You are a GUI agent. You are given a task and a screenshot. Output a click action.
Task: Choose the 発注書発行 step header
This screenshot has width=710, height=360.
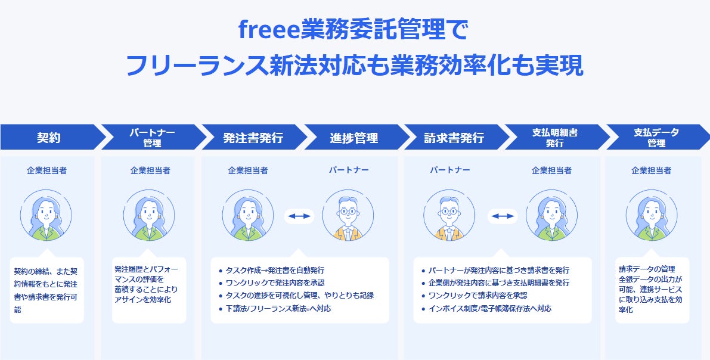point(253,138)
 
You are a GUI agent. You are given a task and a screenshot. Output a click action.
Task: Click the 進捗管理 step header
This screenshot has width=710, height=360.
point(354,138)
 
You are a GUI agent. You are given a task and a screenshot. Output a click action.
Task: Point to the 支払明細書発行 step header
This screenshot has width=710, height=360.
point(555,138)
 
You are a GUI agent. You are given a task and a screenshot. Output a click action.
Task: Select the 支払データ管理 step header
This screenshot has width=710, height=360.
point(656,138)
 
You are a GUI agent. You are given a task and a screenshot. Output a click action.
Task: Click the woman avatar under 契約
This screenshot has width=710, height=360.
point(46,215)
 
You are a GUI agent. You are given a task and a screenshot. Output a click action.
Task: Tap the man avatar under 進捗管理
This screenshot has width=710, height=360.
point(348,215)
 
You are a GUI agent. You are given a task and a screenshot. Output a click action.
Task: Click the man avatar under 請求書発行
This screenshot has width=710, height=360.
point(449,215)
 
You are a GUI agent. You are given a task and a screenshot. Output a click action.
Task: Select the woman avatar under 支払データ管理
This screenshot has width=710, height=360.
point(652,215)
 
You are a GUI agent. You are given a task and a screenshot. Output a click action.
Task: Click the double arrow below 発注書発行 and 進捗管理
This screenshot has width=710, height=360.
point(299,216)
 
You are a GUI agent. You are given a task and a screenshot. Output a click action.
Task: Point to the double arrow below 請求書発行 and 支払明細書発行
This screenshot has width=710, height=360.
point(502,216)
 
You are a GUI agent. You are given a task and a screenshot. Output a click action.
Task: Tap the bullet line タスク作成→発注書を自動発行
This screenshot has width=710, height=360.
point(274,270)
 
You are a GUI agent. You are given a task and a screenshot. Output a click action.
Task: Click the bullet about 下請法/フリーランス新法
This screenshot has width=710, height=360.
point(278,308)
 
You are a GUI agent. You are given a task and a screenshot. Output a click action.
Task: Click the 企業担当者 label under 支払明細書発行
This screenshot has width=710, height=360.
point(551,170)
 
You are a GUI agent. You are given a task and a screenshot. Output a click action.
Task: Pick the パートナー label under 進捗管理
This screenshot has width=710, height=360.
point(349,170)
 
